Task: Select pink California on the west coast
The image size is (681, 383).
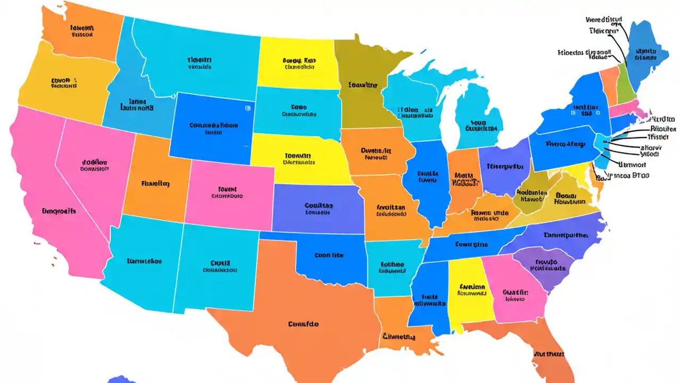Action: [x=59, y=213]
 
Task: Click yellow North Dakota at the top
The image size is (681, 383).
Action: [x=298, y=64]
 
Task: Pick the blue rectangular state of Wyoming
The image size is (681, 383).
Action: [x=213, y=128]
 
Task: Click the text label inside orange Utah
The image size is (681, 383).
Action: [x=155, y=184]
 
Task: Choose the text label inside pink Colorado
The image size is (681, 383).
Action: [x=227, y=192]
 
